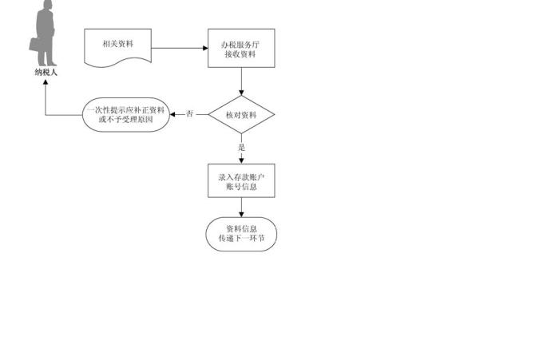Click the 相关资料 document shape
point(117,47)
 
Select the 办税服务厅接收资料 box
point(241,48)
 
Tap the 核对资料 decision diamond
point(241,115)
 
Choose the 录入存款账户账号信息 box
point(241,180)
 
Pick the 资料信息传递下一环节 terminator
point(241,234)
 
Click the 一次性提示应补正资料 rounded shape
point(126,115)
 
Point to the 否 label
point(190,114)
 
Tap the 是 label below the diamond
point(242,147)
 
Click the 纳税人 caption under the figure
point(46,73)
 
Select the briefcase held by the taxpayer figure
point(34,45)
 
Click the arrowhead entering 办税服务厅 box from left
point(205,48)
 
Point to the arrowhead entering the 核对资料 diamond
point(241,93)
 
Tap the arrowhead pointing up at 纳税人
point(46,82)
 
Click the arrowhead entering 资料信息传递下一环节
point(241,215)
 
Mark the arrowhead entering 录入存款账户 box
point(241,161)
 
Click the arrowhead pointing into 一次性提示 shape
point(172,115)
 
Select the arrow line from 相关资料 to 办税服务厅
point(180,48)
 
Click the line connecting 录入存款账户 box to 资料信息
point(241,208)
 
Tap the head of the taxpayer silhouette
point(46,4)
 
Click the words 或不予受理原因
point(126,120)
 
